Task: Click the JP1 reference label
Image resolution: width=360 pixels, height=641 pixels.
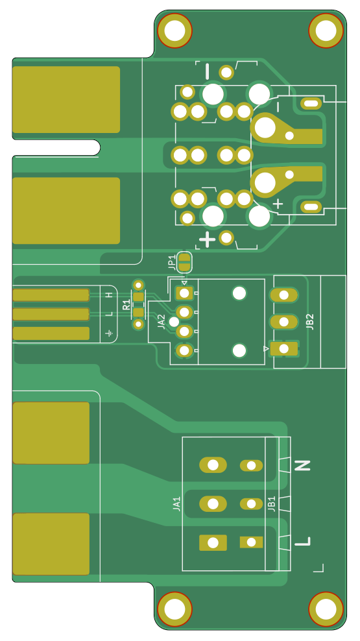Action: [x=172, y=263]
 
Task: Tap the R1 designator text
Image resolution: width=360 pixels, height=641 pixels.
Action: [x=126, y=304]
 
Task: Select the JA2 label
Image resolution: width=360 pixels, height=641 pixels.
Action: [x=162, y=322]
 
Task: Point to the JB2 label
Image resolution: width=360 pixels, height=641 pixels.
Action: [x=310, y=322]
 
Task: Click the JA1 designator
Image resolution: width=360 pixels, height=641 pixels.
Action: [x=176, y=503]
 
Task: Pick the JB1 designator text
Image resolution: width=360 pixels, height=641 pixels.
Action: [x=272, y=503]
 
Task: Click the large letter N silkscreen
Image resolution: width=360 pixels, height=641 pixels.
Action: [x=302, y=465]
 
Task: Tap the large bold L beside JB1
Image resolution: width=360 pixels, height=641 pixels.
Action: [x=302, y=542]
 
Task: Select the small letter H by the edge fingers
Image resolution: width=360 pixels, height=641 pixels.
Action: [x=109, y=295]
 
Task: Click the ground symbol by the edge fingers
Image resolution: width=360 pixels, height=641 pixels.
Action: [x=109, y=333]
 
